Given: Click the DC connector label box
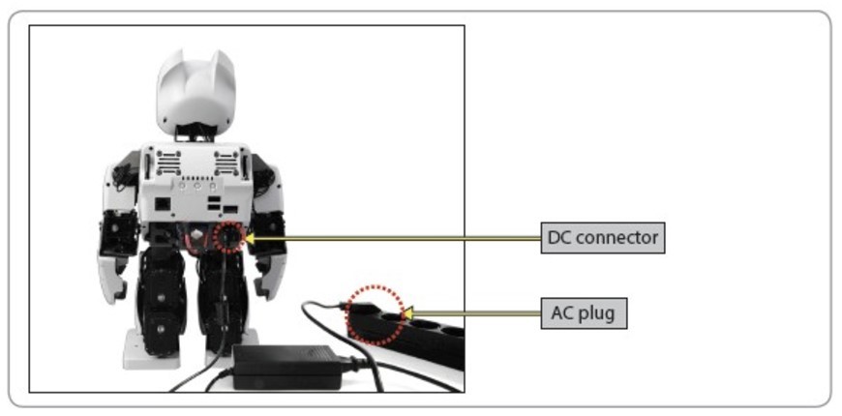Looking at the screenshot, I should pyautogui.click(x=602, y=237).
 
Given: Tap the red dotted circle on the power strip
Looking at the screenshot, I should pyautogui.click(x=376, y=313).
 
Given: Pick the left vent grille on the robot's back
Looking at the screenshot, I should pyautogui.click(x=165, y=160).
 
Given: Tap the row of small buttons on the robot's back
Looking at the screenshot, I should pyautogui.click(x=196, y=179).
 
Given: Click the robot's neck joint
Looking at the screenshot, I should pyautogui.click(x=196, y=135).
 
